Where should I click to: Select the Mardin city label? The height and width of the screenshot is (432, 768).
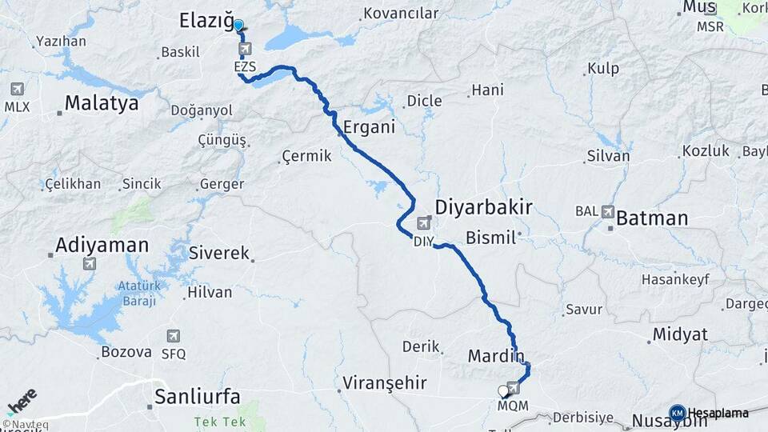click(496, 354)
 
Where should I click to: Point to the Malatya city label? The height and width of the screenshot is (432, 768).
click(102, 103)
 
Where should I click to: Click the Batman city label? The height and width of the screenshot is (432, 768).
click(652, 218)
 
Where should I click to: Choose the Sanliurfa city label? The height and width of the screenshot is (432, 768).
click(197, 396)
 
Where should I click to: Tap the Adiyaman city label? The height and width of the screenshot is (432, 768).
click(102, 245)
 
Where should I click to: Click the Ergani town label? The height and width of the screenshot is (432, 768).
click(369, 127)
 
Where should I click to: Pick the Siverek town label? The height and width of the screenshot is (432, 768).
click(220, 253)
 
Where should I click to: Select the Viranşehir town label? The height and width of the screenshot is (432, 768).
click(384, 382)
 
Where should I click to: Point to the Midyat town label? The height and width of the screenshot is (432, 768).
click(679, 334)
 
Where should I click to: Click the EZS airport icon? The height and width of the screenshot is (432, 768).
click(245, 50)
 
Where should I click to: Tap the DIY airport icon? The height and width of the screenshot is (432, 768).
click(423, 222)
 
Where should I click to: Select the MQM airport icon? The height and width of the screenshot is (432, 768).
click(513, 389)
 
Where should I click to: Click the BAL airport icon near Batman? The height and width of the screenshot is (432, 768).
click(607, 212)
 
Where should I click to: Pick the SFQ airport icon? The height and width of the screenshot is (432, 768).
click(173, 336)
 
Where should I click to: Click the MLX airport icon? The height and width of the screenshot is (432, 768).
click(17, 89)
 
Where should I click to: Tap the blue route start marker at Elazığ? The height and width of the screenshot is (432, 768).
click(238, 24)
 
